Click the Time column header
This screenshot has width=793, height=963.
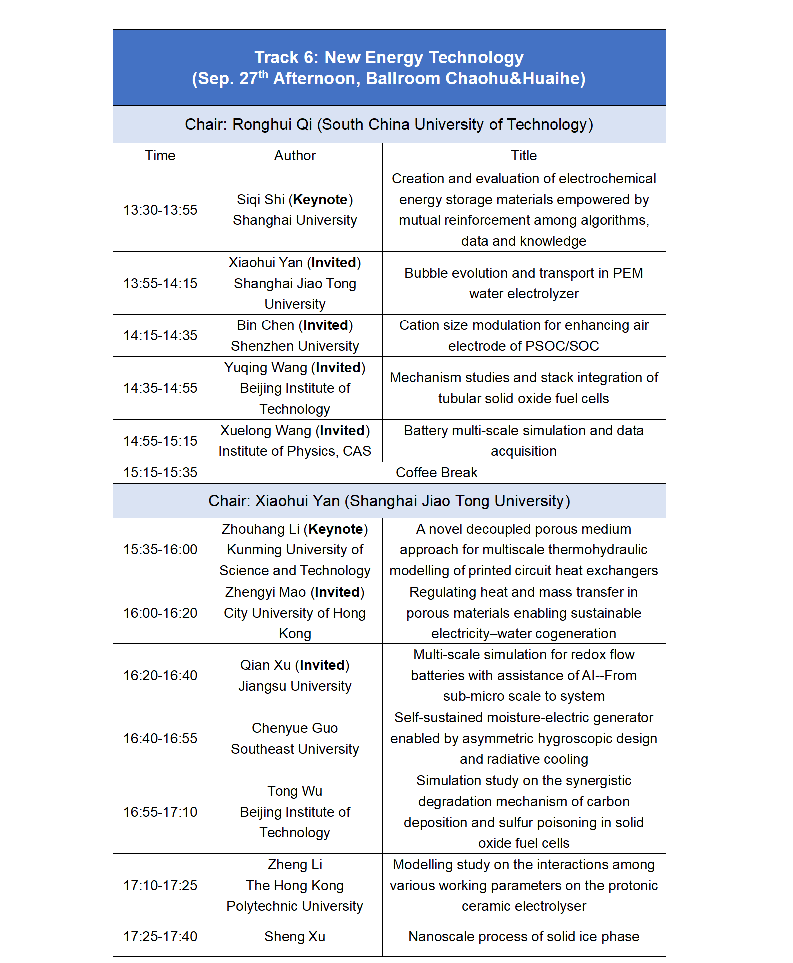pos(160,156)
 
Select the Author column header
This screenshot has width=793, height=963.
pos(295,156)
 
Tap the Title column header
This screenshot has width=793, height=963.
pos(524,156)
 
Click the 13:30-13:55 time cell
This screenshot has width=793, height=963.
pos(160,210)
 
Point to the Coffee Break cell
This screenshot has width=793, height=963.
pos(436,473)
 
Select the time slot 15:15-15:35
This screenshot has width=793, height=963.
pos(160,473)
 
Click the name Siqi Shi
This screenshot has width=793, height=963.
pos(260,200)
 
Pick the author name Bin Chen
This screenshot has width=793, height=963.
pos(265,325)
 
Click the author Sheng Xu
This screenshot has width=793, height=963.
pos(295,937)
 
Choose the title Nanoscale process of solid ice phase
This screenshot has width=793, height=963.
pos(524,937)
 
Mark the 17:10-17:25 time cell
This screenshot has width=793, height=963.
pos(160,885)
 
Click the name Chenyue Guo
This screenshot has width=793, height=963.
pos(295,728)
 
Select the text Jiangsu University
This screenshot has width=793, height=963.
pos(295,686)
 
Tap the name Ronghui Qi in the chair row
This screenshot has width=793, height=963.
pos(272,124)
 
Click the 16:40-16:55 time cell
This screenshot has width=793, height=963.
pos(160,739)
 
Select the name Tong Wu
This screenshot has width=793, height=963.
pos(295,791)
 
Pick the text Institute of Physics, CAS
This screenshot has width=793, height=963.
pos(295,451)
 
